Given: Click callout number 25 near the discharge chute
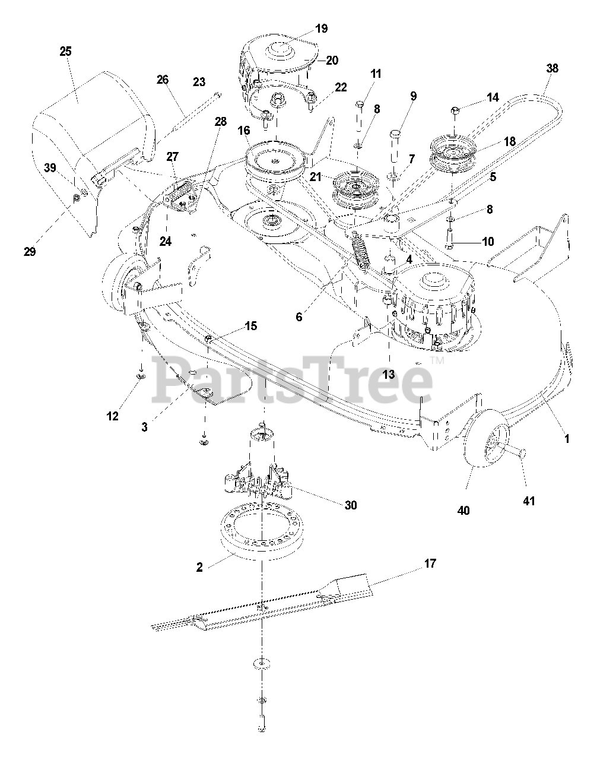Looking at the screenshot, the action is click(x=65, y=52).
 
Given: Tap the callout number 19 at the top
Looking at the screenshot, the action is click(x=321, y=28).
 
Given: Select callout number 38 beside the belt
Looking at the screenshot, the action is click(x=552, y=68).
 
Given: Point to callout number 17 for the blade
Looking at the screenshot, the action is click(x=430, y=563).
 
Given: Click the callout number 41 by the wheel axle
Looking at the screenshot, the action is click(x=528, y=501).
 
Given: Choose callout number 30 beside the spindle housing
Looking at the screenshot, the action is click(x=350, y=505).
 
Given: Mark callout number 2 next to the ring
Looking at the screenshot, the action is click(x=199, y=566).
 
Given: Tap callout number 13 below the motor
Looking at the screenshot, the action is click(x=389, y=375).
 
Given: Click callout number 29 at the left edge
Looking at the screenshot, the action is click(x=30, y=251).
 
